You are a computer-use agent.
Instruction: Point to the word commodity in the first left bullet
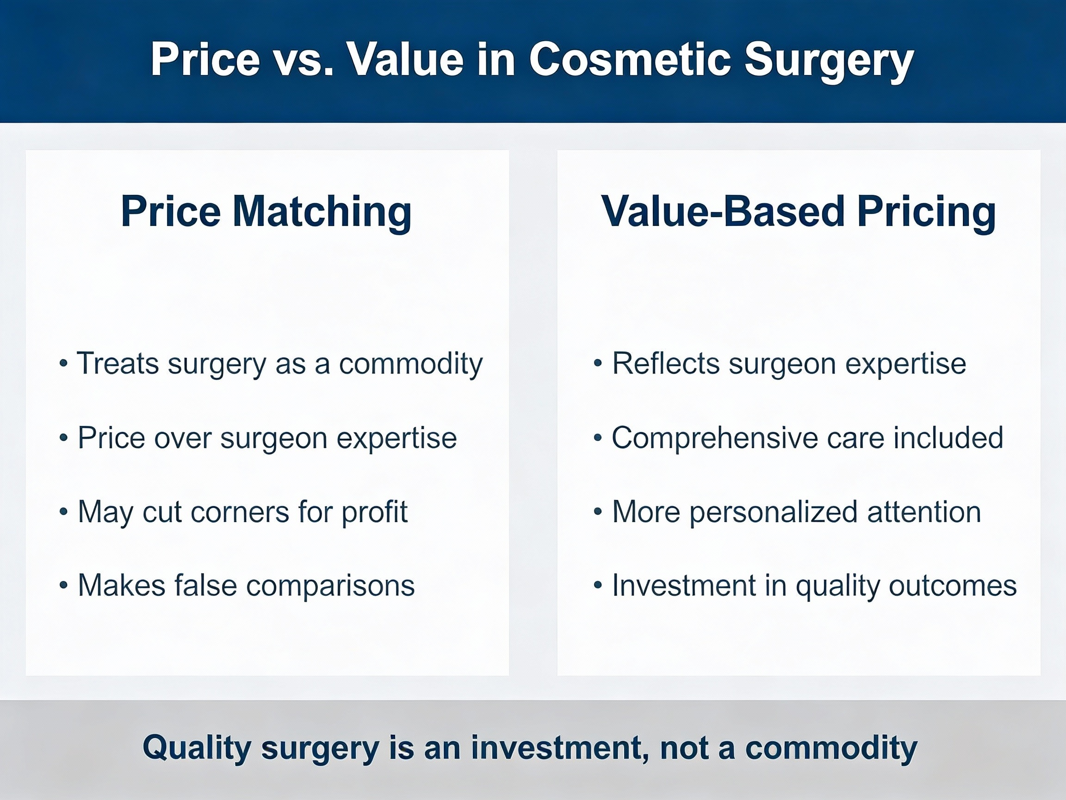[410, 363]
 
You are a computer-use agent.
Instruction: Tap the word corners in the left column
[240, 512]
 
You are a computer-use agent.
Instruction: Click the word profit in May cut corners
[374, 512]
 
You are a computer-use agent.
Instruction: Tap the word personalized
[774, 512]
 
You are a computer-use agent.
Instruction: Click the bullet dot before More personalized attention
[598, 511]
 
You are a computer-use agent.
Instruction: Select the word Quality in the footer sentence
[197, 749]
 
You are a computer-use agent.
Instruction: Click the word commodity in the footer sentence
[831, 749]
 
